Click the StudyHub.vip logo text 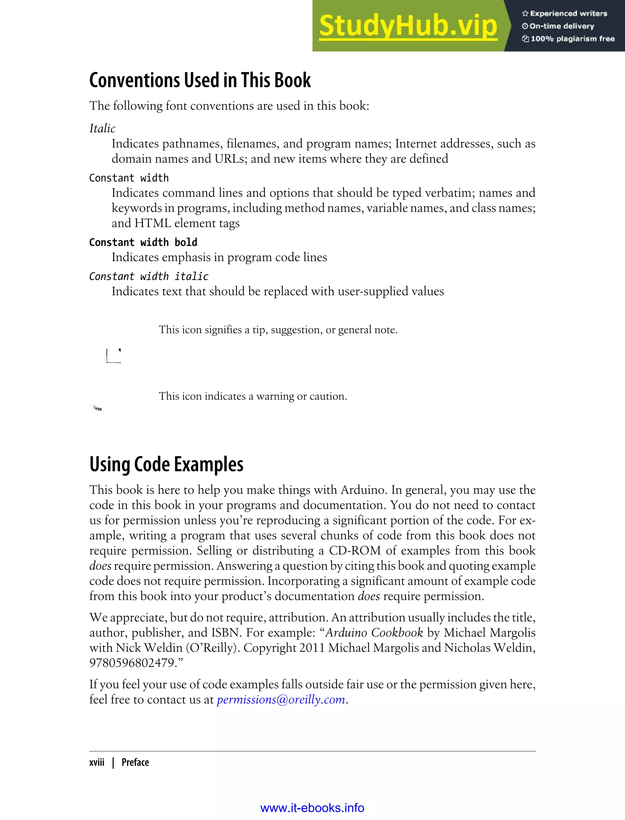tap(408, 26)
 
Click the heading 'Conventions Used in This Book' tap(200, 80)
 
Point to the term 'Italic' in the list tap(102, 128)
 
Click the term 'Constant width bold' tap(143, 243)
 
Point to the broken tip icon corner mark tap(114, 356)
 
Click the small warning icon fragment tap(96, 408)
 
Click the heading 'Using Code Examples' tap(166, 465)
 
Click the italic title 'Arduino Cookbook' tap(374, 633)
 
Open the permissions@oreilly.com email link tap(281, 700)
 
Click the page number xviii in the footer tap(97, 762)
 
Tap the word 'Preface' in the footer tap(135, 762)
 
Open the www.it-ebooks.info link tap(312, 808)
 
